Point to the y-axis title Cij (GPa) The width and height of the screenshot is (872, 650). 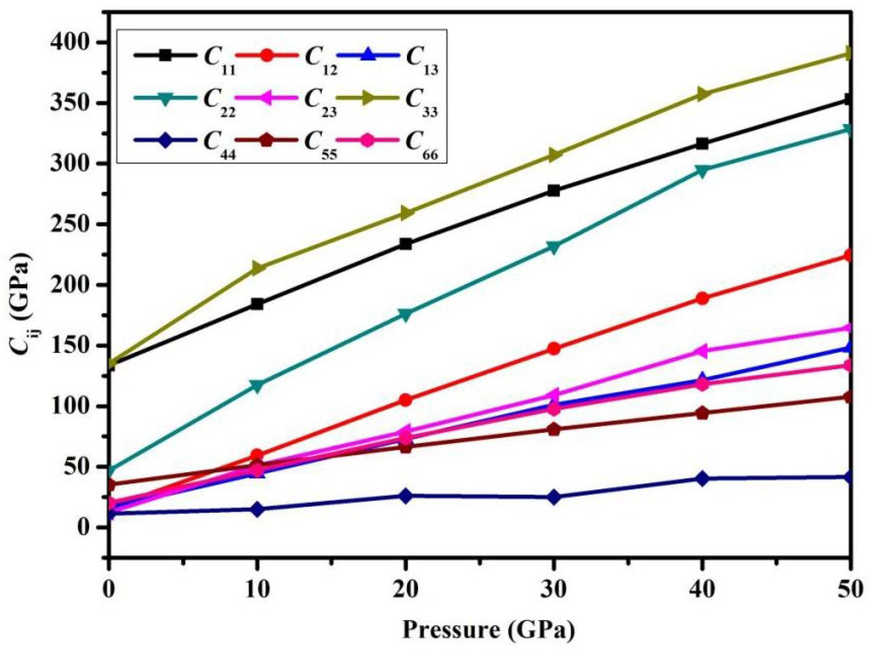19,299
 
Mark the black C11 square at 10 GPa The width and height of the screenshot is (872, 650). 257,304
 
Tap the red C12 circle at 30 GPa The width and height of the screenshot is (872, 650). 554,349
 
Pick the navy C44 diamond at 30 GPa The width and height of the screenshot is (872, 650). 554,497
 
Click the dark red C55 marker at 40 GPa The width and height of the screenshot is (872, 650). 702,413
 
